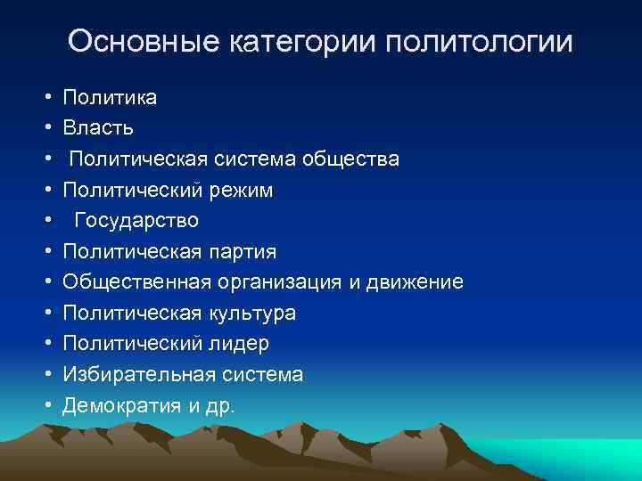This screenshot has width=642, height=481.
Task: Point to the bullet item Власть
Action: [98, 128]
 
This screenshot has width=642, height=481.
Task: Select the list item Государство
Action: [136, 221]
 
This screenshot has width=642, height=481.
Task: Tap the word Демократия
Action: [121, 406]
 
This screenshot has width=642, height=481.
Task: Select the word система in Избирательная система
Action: [259, 375]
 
